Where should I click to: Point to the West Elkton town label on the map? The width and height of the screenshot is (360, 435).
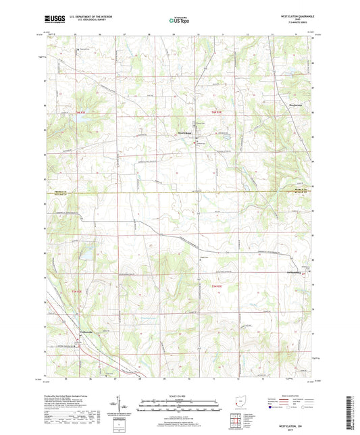(x=185, y=132)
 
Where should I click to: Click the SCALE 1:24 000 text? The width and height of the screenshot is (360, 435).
(x=180, y=396)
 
